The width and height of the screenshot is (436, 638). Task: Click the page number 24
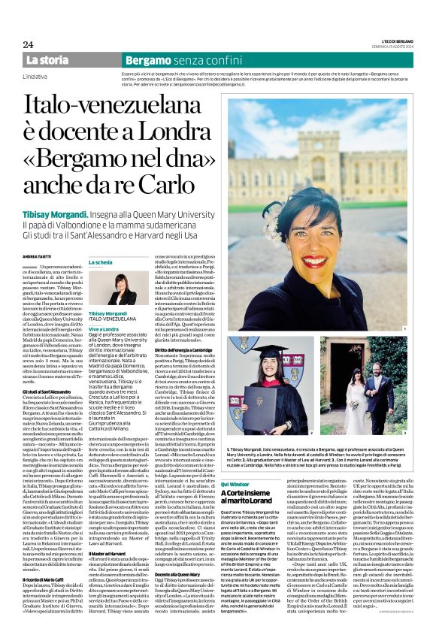coord(29,44)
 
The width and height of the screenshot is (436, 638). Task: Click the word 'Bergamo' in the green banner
coord(148,59)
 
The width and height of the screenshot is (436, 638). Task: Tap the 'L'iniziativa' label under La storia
coord(35,77)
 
